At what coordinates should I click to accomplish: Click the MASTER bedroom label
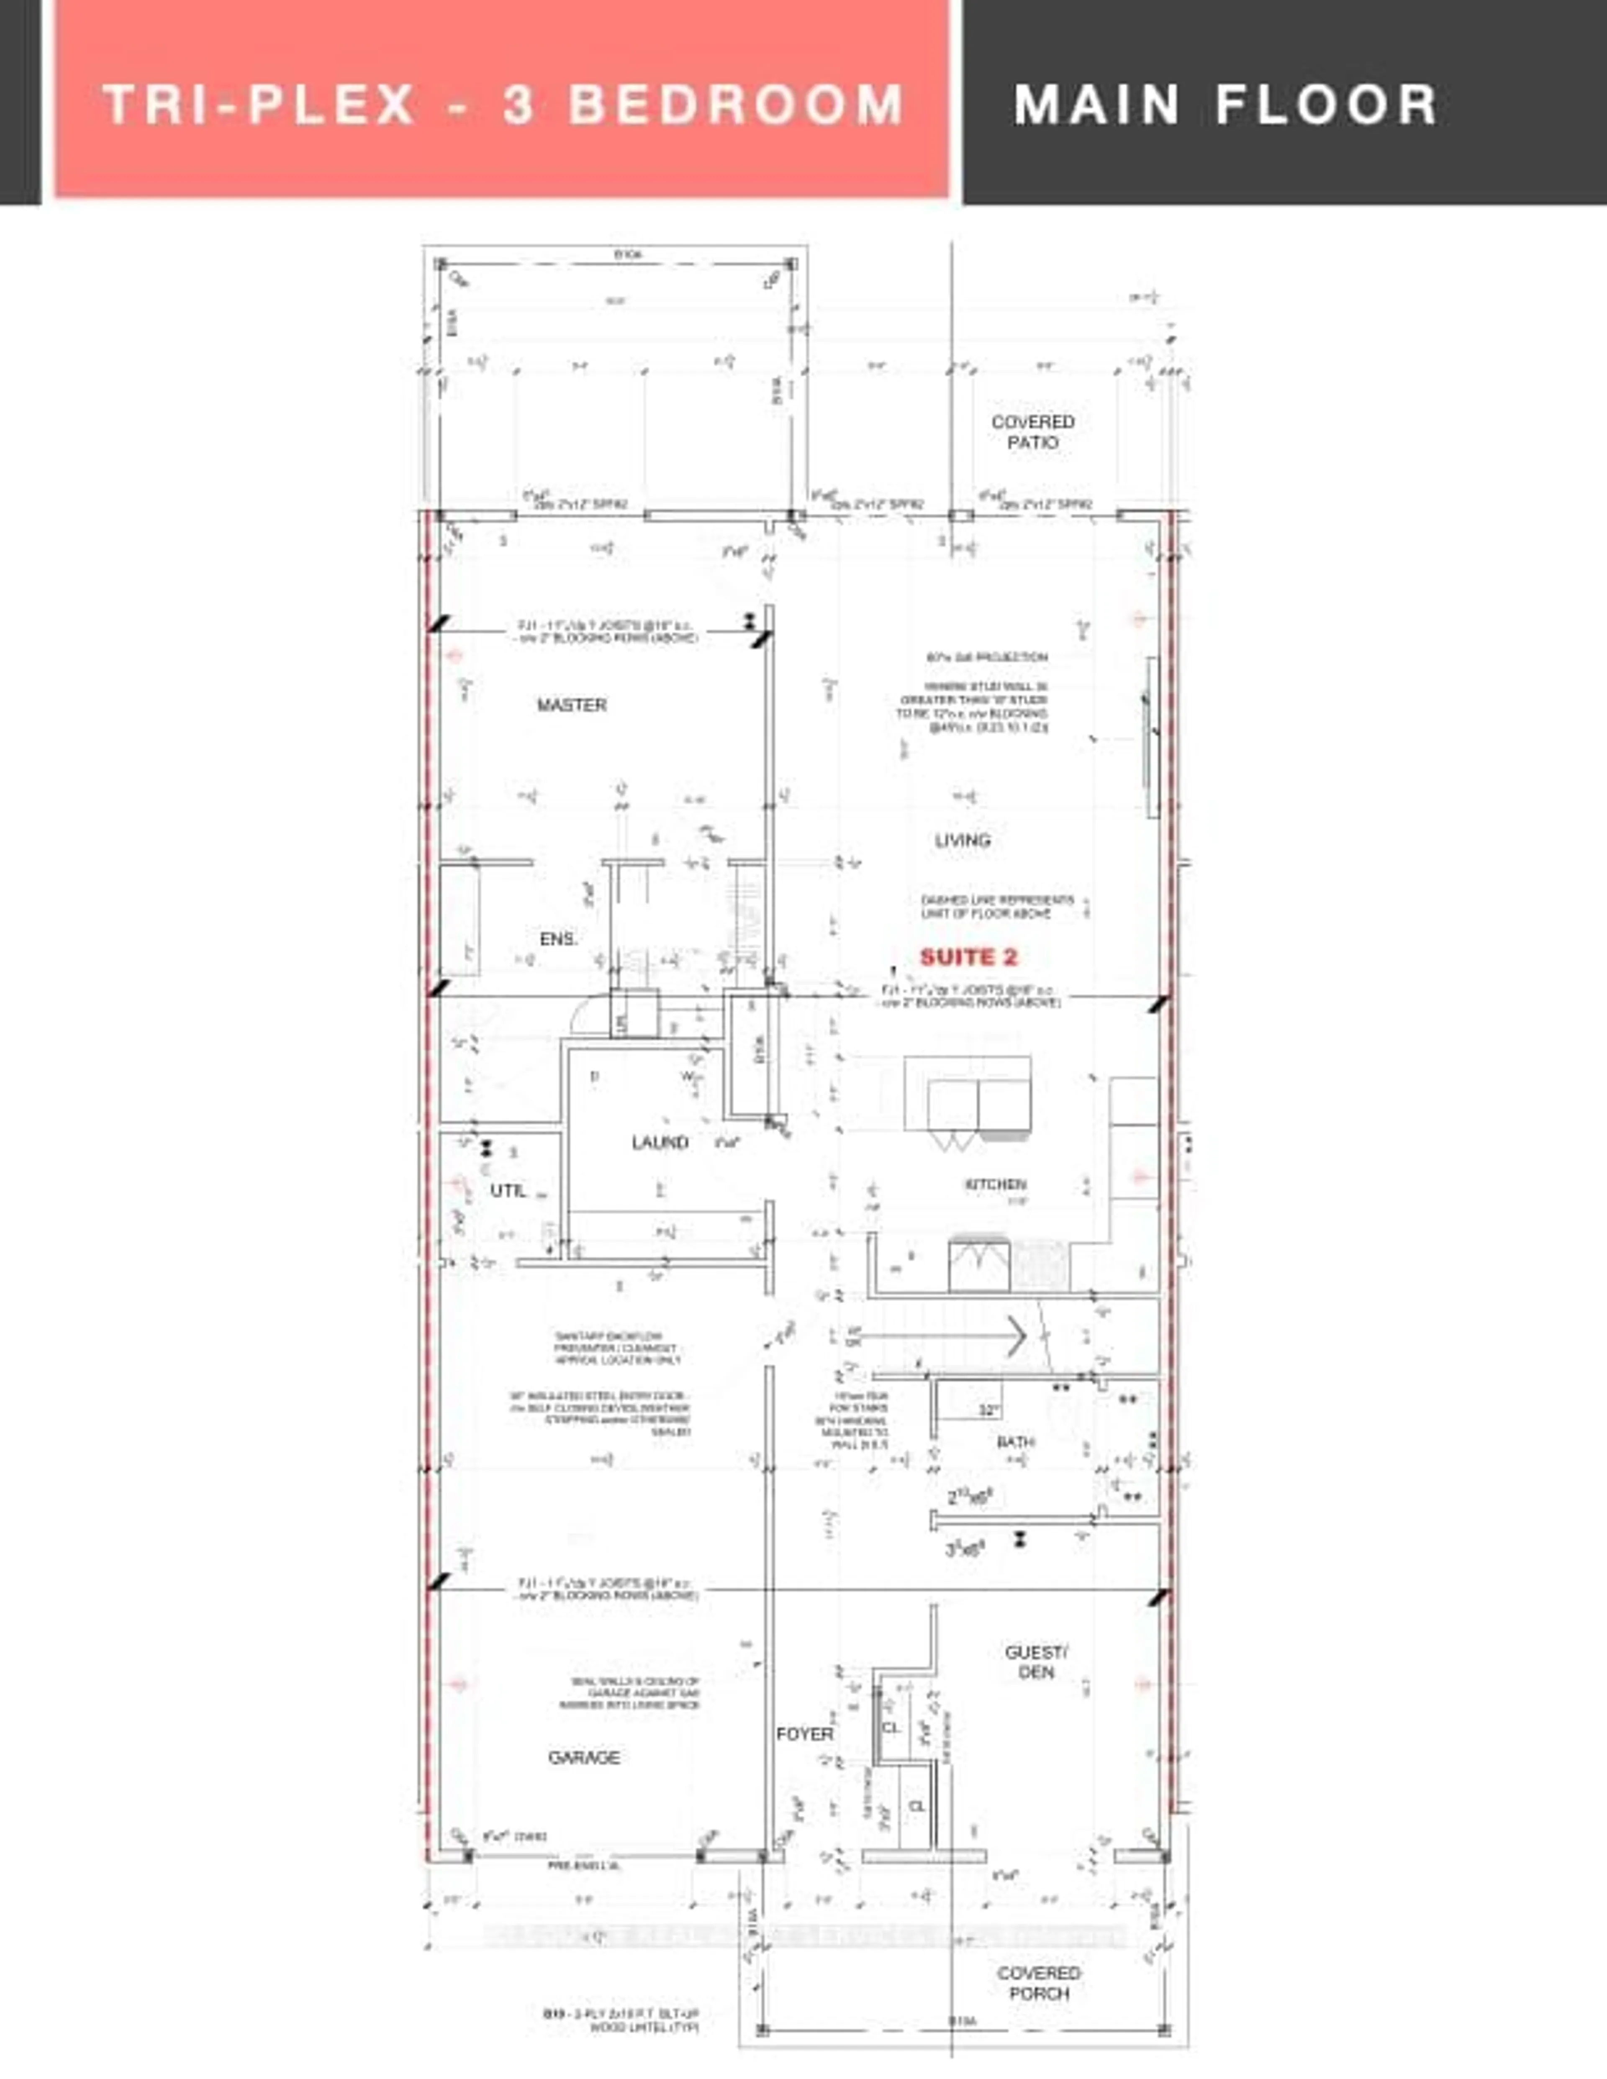pos(571,705)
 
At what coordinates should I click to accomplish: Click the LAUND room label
pos(659,1142)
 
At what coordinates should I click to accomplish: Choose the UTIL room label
pos(508,1191)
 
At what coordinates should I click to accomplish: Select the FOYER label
pos(804,1734)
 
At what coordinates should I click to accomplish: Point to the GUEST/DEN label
pos(1036,1662)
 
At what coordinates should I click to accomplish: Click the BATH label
pos(1015,1442)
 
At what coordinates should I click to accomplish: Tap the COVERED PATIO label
pos(1033,432)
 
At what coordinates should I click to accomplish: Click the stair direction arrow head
pos(1019,1338)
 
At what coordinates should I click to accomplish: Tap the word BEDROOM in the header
pos(735,105)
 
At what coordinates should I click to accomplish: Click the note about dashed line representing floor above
pos(997,906)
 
